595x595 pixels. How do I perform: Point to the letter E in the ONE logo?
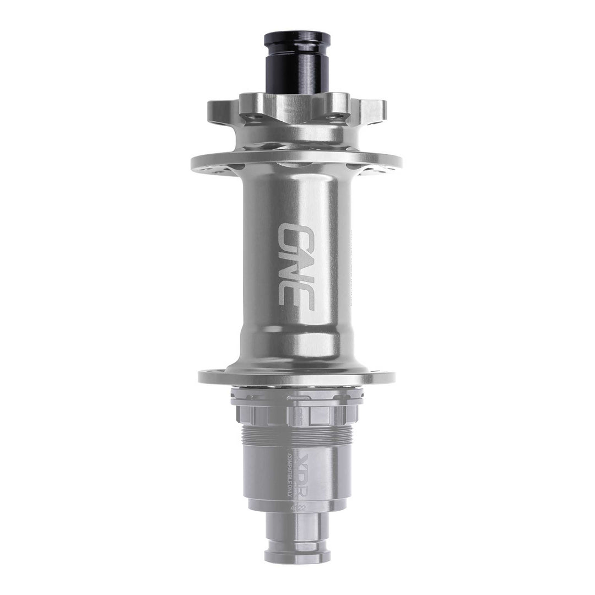pyautogui.click(x=296, y=296)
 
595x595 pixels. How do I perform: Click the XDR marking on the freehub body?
pyautogui.click(x=307, y=473)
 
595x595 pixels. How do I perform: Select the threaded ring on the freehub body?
pyautogui.click(x=297, y=435)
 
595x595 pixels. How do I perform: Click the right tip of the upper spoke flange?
pyautogui.click(x=400, y=163)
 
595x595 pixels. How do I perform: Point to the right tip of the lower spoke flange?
pyautogui.click(x=393, y=377)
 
